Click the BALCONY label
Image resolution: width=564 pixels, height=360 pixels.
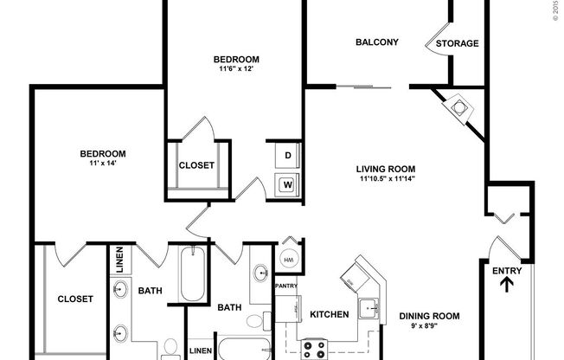(x=377, y=42)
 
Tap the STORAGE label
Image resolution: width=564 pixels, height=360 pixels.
(x=457, y=43)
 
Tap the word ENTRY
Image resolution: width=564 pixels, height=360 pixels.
(x=508, y=272)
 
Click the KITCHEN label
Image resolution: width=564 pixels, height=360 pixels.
(x=329, y=314)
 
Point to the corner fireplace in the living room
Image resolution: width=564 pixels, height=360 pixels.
(x=458, y=107)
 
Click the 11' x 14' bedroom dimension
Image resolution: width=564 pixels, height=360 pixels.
(x=102, y=163)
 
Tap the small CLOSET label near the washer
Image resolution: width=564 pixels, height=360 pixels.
(x=196, y=165)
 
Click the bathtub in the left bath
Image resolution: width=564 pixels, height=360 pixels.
(x=191, y=277)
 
